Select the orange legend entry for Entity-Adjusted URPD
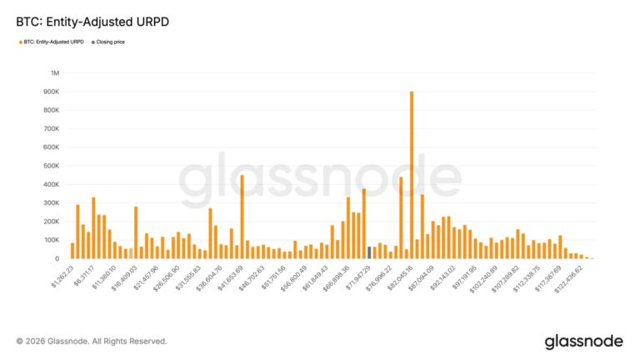(52, 40)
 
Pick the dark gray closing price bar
(369, 252)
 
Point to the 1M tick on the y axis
(55, 73)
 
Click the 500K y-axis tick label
(51, 166)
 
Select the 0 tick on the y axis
(57, 258)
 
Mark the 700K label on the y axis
(51, 129)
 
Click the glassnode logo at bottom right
(582, 341)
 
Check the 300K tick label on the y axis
(51, 202)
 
